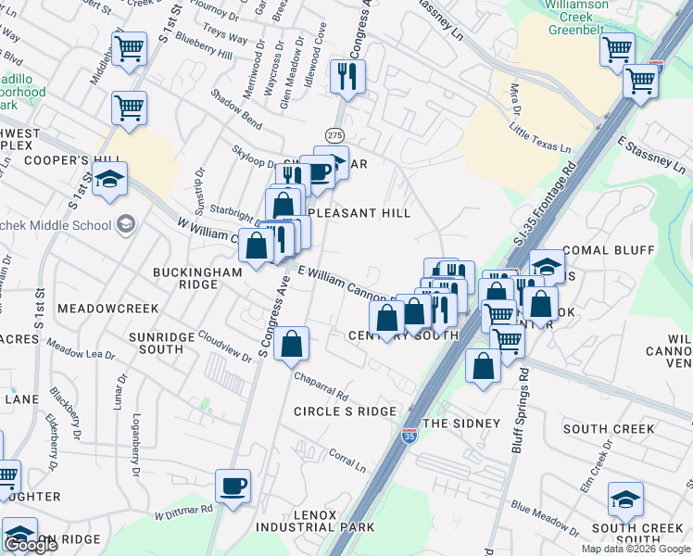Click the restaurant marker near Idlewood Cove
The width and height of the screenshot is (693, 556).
coord(347,76)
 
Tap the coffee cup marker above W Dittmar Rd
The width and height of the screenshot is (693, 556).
coord(233,485)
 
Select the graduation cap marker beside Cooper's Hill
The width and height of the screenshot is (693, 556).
coord(109,180)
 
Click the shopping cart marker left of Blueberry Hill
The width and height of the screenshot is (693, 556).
coord(129,48)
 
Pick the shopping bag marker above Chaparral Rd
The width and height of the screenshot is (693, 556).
coord(292,344)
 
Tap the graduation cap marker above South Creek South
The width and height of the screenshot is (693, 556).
coord(625,499)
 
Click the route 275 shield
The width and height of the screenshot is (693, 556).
coord(334,135)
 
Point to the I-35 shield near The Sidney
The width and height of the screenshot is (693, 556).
coord(409,434)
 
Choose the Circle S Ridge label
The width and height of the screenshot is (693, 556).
coord(345,411)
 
